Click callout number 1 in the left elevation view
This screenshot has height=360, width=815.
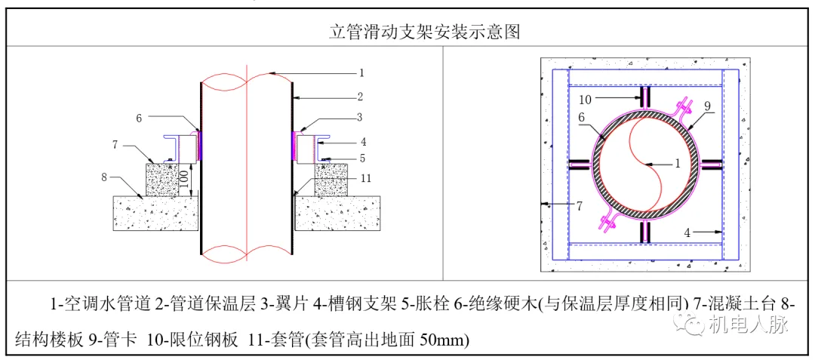[361, 73]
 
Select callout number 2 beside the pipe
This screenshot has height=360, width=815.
[361, 97]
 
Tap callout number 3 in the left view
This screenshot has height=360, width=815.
[361, 118]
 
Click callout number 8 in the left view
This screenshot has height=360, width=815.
[105, 179]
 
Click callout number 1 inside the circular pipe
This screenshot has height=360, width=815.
[677, 162]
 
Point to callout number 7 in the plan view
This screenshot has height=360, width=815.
[579, 205]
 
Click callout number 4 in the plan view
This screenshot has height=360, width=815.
[687, 233]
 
